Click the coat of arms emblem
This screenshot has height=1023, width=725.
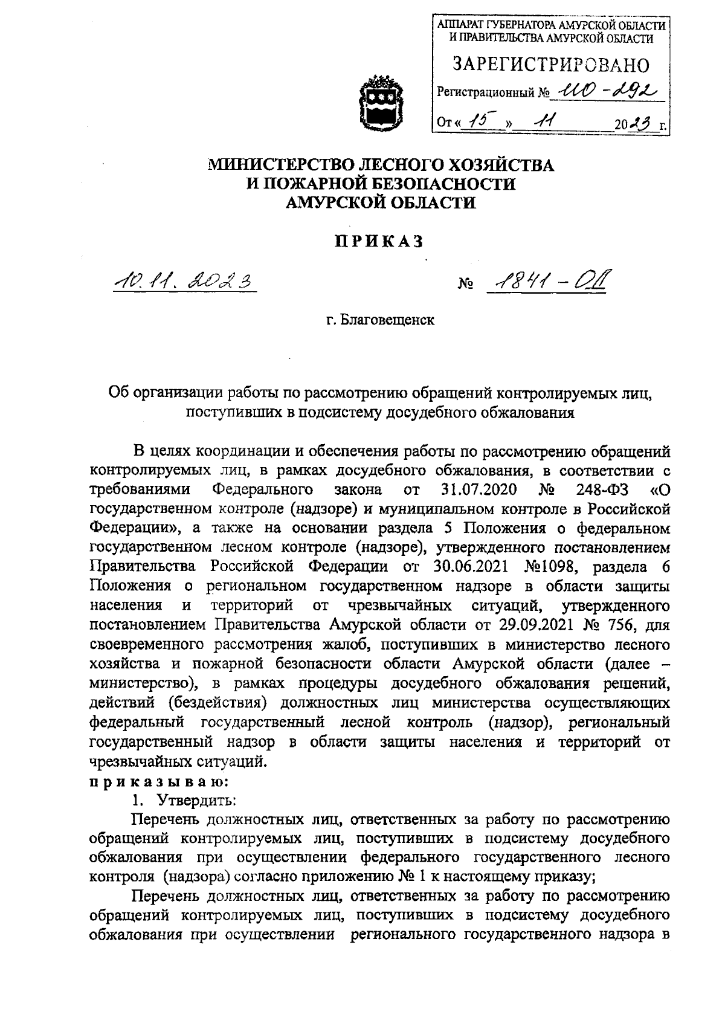point(380,99)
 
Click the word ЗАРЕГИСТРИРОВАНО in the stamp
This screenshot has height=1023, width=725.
point(551,64)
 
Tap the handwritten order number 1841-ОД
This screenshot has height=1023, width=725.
point(547,280)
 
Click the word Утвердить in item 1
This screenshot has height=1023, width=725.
point(196,800)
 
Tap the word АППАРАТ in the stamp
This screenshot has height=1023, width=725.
point(463,25)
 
